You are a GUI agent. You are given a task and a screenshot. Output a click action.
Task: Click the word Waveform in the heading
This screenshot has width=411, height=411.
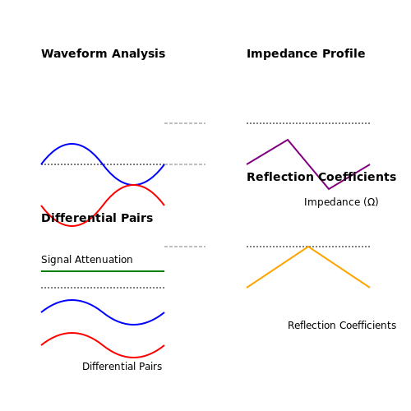click(74, 53)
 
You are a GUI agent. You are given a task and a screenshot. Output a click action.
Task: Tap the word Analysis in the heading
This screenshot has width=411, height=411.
click(139, 54)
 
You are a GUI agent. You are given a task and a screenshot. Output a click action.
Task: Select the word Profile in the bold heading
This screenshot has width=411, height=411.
click(344, 53)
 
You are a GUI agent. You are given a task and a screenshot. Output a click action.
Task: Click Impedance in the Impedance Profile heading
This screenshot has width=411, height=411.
click(282, 54)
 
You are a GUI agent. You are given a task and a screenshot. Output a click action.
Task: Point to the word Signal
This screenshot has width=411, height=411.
click(57, 260)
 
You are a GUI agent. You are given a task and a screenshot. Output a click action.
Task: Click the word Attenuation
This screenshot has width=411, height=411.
click(104, 260)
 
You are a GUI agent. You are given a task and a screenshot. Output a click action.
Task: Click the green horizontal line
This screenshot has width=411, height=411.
click(103, 271)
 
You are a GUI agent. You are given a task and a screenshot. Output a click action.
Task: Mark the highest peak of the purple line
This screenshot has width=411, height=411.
click(288, 140)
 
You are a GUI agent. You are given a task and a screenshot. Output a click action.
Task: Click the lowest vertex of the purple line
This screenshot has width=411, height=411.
click(329, 189)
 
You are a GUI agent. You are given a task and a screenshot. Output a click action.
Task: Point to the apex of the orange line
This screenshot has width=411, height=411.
click(308, 247)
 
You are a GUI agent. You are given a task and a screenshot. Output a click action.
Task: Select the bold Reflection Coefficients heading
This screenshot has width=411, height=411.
click(321, 177)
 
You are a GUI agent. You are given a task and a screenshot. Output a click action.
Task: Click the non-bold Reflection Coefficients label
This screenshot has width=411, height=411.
click(342, 326)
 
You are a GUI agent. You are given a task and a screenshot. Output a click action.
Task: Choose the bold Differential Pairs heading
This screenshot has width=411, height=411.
click(97, 218)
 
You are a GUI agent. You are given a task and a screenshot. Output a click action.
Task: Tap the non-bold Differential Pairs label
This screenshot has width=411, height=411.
click(122, 367)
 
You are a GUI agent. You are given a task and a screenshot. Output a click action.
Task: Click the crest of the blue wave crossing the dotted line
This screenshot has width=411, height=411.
click(72, 144)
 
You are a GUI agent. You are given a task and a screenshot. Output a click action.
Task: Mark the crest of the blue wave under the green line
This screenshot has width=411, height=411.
click(72, 300)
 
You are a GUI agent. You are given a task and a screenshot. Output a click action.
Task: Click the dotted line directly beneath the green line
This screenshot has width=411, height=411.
click(103, 288)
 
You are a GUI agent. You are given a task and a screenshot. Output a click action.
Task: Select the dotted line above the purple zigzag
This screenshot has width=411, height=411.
click(308, 123)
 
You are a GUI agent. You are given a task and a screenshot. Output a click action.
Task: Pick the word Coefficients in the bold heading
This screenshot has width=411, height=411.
click(358, 177)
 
